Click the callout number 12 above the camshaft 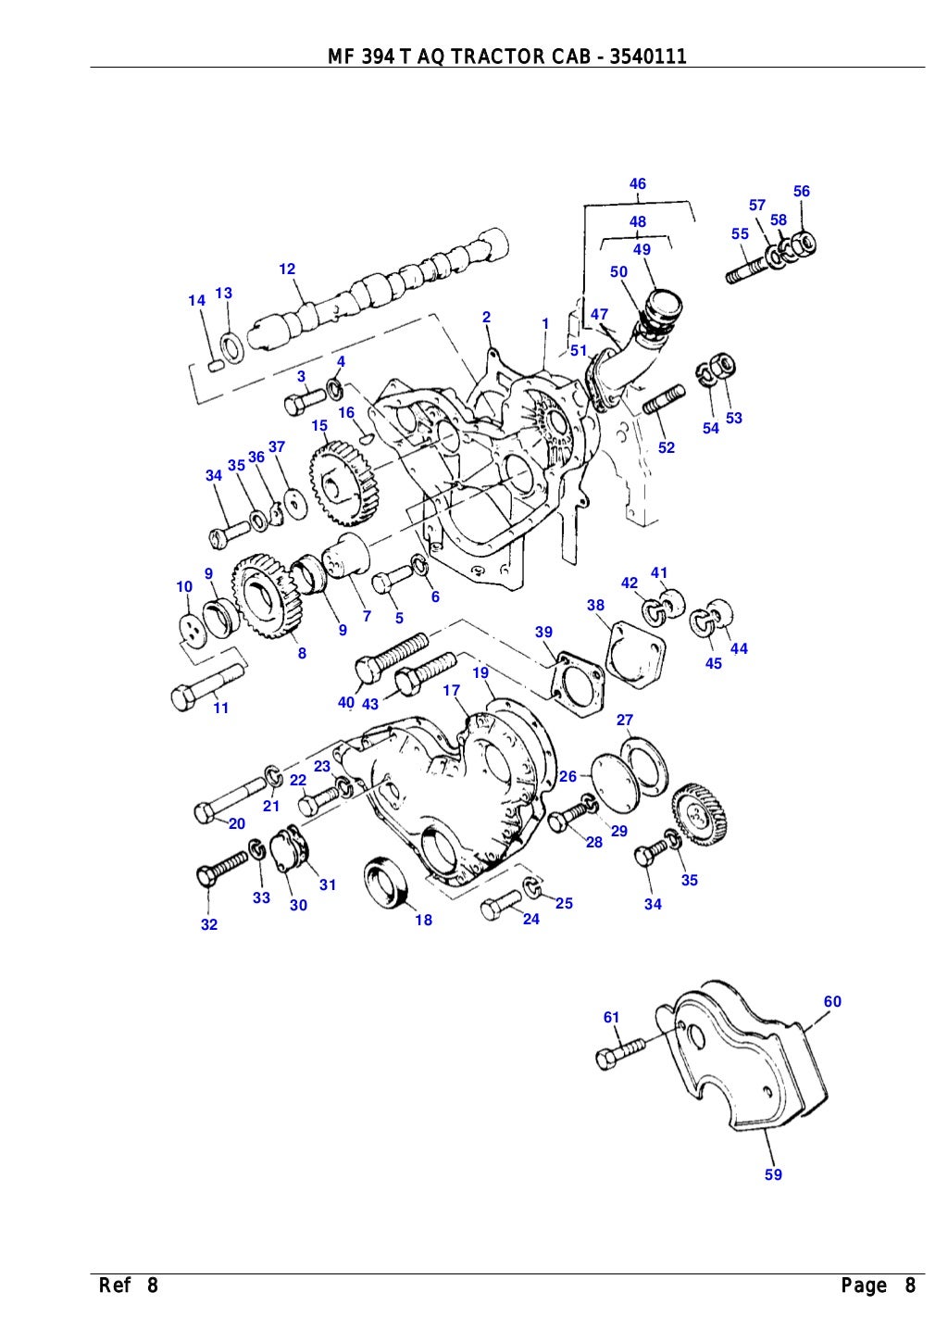287,270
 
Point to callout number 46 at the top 638,184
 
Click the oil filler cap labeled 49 664,305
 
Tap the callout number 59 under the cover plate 773,1174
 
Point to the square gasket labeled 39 575,679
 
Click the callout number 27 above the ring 625,720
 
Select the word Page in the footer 865,1286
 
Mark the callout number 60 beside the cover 832,1001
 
